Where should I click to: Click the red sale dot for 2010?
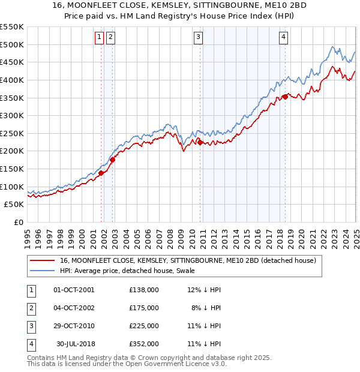[x=200, y=142]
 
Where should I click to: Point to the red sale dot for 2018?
[x=285, y=97]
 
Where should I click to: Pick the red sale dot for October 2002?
[x=112, y=160]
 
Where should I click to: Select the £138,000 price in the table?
[x=144, y=289]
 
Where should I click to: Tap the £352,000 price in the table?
[x=144, y=344]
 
